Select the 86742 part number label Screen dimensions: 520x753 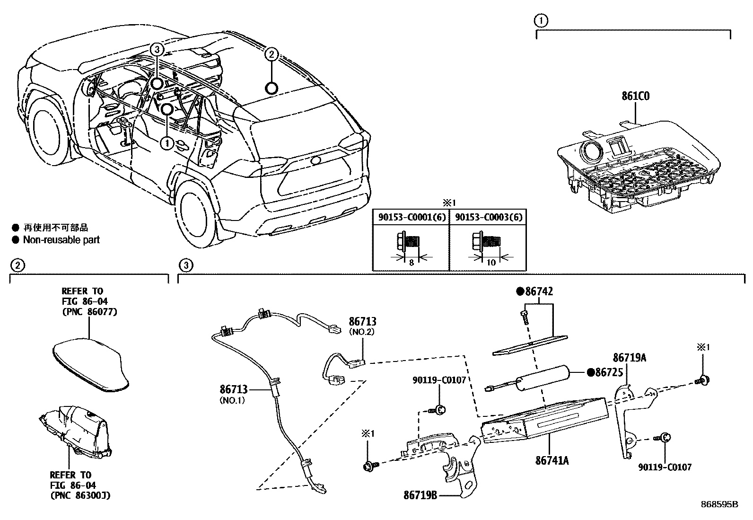click(x=539, y=291)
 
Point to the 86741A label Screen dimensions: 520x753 click(x=552, y=459)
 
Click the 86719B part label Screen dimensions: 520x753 click(x=420, y=495)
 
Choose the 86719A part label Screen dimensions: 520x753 click(x=629, y=358)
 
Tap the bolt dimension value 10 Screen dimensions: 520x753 click(x=491, y=263)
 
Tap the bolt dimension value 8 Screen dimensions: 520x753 click(x=411, y=263)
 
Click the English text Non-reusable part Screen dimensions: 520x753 click(x=61, y=240)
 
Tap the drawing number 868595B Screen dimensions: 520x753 click(x=719, y=504)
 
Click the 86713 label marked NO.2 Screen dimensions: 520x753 click(x=362, y=322)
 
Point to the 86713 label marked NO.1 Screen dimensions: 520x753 click(x=233, y=389)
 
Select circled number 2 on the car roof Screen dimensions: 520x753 click(x=271, y=55)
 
